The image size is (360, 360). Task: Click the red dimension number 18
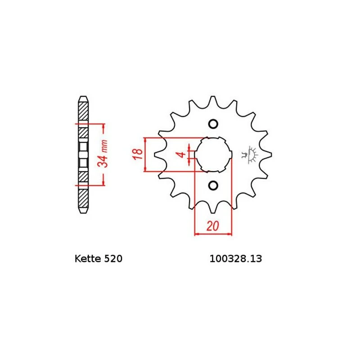[137, 154]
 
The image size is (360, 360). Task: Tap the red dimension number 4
[182, 154]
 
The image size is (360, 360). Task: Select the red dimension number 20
[212, 226]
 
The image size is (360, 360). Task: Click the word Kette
[88, 259]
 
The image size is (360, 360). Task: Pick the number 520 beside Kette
[113, 259]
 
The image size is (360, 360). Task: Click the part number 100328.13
[235, 259]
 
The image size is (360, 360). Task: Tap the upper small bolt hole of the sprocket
[213, 124]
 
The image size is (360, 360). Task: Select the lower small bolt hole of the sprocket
[213, 185]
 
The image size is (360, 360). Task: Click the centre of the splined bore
[213, 154]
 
